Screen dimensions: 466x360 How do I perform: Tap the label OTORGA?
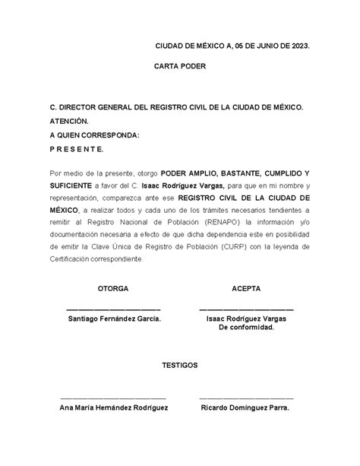tap(113, 290)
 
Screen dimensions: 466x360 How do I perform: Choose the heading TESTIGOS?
tap(180, 366)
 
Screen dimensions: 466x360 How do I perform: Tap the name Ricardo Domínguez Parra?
tap(245, 407)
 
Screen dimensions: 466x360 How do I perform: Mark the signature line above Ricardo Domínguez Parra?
tap(246, 398)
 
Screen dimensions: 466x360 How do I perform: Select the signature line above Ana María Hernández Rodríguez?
tap(113, 398)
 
